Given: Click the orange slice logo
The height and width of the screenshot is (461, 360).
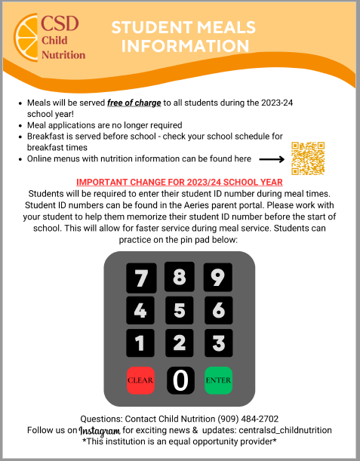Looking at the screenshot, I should click(29, 38).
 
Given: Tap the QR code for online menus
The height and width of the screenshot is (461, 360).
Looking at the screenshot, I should click(307, 159).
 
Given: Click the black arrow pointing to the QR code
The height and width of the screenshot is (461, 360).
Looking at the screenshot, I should click(271, 159).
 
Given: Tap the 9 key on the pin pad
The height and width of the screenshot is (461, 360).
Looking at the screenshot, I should click(217, 278).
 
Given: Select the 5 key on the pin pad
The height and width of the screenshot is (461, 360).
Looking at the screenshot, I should click(179, 310).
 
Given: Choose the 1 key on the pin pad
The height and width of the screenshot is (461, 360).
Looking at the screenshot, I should click(140, 343).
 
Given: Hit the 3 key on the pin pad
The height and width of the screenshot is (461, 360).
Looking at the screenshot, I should click(217, 343).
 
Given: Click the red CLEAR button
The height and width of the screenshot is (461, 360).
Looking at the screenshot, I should click(140, 380).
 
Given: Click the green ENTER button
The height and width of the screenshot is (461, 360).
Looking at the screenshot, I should click(218, 380).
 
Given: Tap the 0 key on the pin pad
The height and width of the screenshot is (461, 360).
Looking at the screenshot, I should click(180, 380).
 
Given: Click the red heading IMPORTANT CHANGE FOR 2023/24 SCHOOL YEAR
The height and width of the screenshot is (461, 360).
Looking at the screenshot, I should click(180, 182).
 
